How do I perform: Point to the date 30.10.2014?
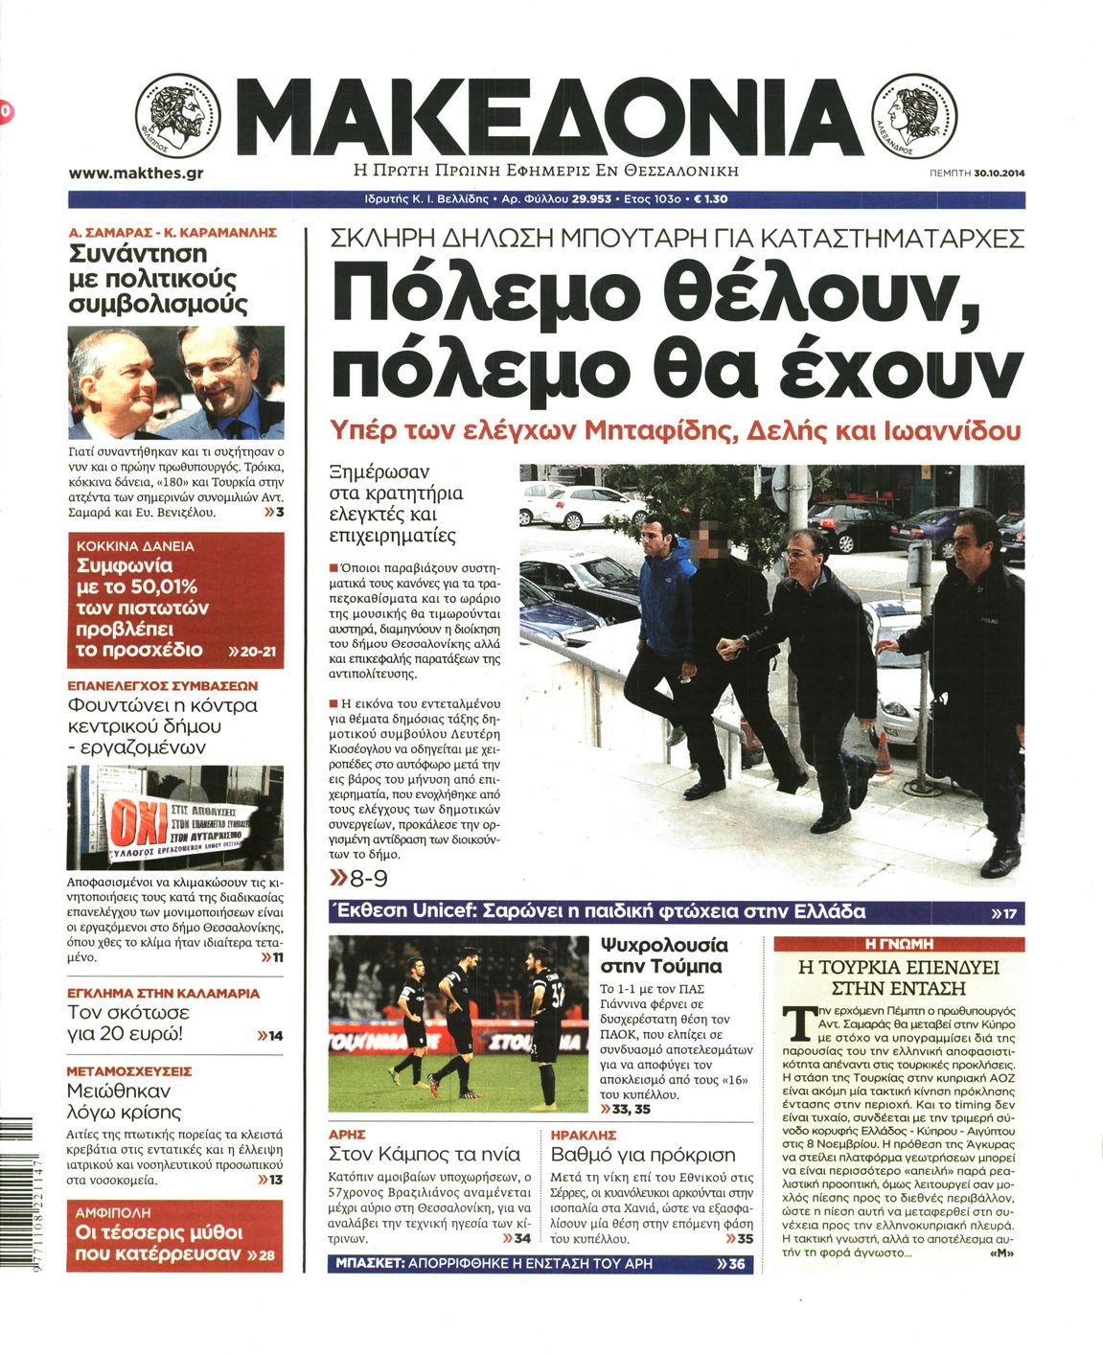[999, 173]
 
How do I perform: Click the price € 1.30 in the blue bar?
[710, 199]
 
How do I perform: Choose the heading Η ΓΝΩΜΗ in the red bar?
[899, 944]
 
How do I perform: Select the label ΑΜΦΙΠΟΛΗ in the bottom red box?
[114, 1212]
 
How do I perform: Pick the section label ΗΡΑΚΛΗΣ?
[584, 1134]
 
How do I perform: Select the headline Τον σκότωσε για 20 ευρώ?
[128, 1023]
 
